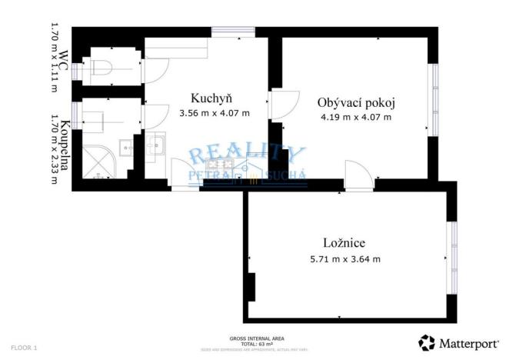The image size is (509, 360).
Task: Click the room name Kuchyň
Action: [x=211, y=98]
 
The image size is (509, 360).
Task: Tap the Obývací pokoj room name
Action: [x=354, y=102]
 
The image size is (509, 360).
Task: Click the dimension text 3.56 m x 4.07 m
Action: [x=214, y=113]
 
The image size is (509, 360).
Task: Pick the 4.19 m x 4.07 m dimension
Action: [x=355, y=118]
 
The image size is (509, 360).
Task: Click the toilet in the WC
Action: [x=104, y=68]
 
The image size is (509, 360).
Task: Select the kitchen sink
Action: [x=156, y=144]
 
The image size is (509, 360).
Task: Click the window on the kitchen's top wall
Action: [x=234, y=32]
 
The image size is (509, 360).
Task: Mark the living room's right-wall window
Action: [x=434, y=92]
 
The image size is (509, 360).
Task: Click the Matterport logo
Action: [x=457, y=342]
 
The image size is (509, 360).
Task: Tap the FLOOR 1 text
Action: [x=25, y=348]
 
